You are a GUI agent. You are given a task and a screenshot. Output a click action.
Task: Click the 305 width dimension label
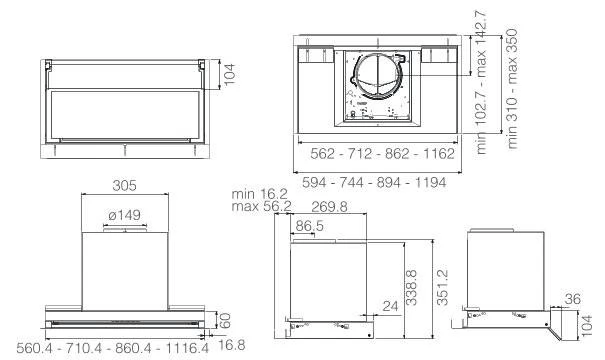tap(124, 186)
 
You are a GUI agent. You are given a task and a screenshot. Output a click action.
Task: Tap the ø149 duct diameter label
tap(125, 215)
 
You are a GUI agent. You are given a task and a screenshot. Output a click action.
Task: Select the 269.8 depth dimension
tap(329, 207)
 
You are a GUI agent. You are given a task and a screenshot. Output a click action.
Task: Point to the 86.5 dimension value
tap(309, 226)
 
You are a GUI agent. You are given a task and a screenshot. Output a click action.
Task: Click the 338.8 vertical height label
tap(412, 287)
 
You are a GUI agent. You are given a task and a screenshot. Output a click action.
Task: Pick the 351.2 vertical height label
tap(443, 287)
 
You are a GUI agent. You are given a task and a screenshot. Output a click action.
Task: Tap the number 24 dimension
tap(390, 306)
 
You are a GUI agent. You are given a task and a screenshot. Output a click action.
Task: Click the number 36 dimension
tap(573, 299)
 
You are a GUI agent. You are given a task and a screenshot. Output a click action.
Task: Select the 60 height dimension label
tap(225, 320)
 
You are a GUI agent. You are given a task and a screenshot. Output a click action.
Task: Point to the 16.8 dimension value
tap(232, 345)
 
